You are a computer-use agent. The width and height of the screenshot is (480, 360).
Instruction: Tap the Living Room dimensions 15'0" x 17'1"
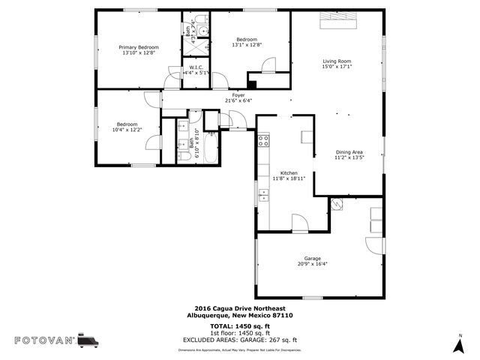337,66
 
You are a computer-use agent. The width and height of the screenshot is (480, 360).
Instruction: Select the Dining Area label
349,152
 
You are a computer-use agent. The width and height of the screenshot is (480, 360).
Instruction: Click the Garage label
313,258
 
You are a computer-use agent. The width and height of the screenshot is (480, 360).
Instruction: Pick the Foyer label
238,95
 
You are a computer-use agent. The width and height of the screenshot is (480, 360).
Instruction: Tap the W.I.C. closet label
196,67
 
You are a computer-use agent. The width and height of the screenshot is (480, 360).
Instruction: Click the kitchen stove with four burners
263,139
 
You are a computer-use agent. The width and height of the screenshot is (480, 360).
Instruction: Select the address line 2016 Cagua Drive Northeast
239,308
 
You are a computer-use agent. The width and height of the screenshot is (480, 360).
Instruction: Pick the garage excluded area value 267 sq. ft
281,339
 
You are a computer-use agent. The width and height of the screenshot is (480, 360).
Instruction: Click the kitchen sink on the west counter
263,196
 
